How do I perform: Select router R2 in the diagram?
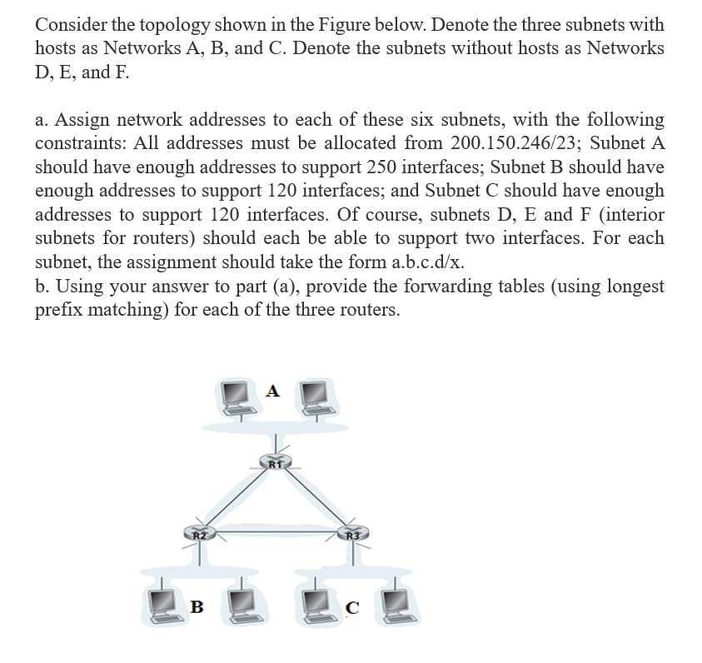click(x=198, y=531)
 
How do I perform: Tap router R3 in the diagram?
click(x=351, y=531)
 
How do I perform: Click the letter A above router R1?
click(x=274, y=391)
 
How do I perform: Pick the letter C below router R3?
click(x=352, y=607)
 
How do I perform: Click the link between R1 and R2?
click(x=236, y=496)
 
